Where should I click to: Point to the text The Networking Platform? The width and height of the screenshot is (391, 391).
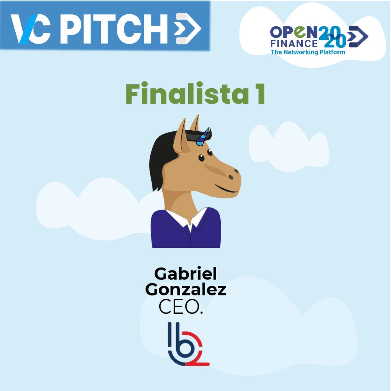coord(308,52)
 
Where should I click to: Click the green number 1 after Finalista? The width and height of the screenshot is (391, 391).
coord(260,94)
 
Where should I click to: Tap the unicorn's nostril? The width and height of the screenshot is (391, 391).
coord(231,177)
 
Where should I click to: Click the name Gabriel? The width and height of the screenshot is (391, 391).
coord(185,274)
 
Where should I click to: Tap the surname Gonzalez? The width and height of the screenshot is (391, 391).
coord(185,290)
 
